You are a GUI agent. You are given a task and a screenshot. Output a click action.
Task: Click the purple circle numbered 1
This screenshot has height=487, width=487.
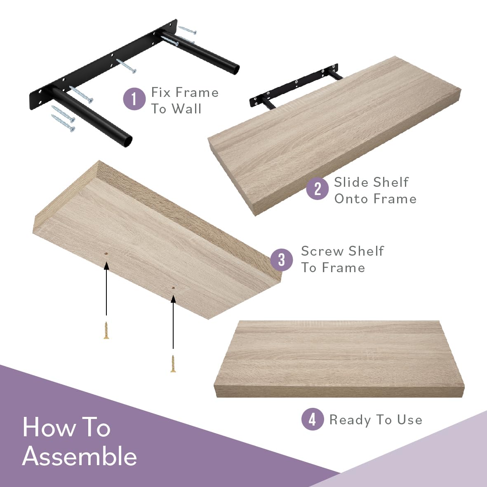pos(134,99)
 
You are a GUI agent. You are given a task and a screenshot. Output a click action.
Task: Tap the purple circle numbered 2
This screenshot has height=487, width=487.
pos(317,188)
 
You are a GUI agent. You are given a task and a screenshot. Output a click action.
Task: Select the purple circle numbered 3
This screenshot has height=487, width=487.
pos(281,260)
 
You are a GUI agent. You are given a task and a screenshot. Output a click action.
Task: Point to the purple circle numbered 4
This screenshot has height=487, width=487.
pos(313,419)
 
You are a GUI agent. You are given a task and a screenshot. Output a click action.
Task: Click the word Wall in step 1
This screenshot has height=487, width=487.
pos(186,109)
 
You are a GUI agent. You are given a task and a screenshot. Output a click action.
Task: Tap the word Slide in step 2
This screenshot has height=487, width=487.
pos(352,182)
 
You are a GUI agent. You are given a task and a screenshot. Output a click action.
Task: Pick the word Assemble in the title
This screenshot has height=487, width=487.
pos(80,456)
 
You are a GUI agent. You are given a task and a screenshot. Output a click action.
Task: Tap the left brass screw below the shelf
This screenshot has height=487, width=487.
pos(106,330)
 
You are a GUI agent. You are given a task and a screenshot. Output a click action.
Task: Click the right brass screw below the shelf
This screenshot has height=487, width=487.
pos(173,364)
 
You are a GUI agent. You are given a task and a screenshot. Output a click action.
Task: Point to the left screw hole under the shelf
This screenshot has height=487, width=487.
pos(106,254)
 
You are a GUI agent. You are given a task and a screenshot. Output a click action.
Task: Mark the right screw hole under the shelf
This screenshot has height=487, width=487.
pos(173,289)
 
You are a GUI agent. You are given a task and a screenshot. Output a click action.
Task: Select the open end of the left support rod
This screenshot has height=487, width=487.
pos(127,141)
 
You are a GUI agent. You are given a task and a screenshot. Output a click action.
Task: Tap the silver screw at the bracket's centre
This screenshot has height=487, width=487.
pos(126,66)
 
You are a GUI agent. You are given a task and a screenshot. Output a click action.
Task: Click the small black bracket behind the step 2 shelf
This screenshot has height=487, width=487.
pos(294,86)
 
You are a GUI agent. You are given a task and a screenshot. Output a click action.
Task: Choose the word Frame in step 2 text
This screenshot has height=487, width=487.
pos(395,199)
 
